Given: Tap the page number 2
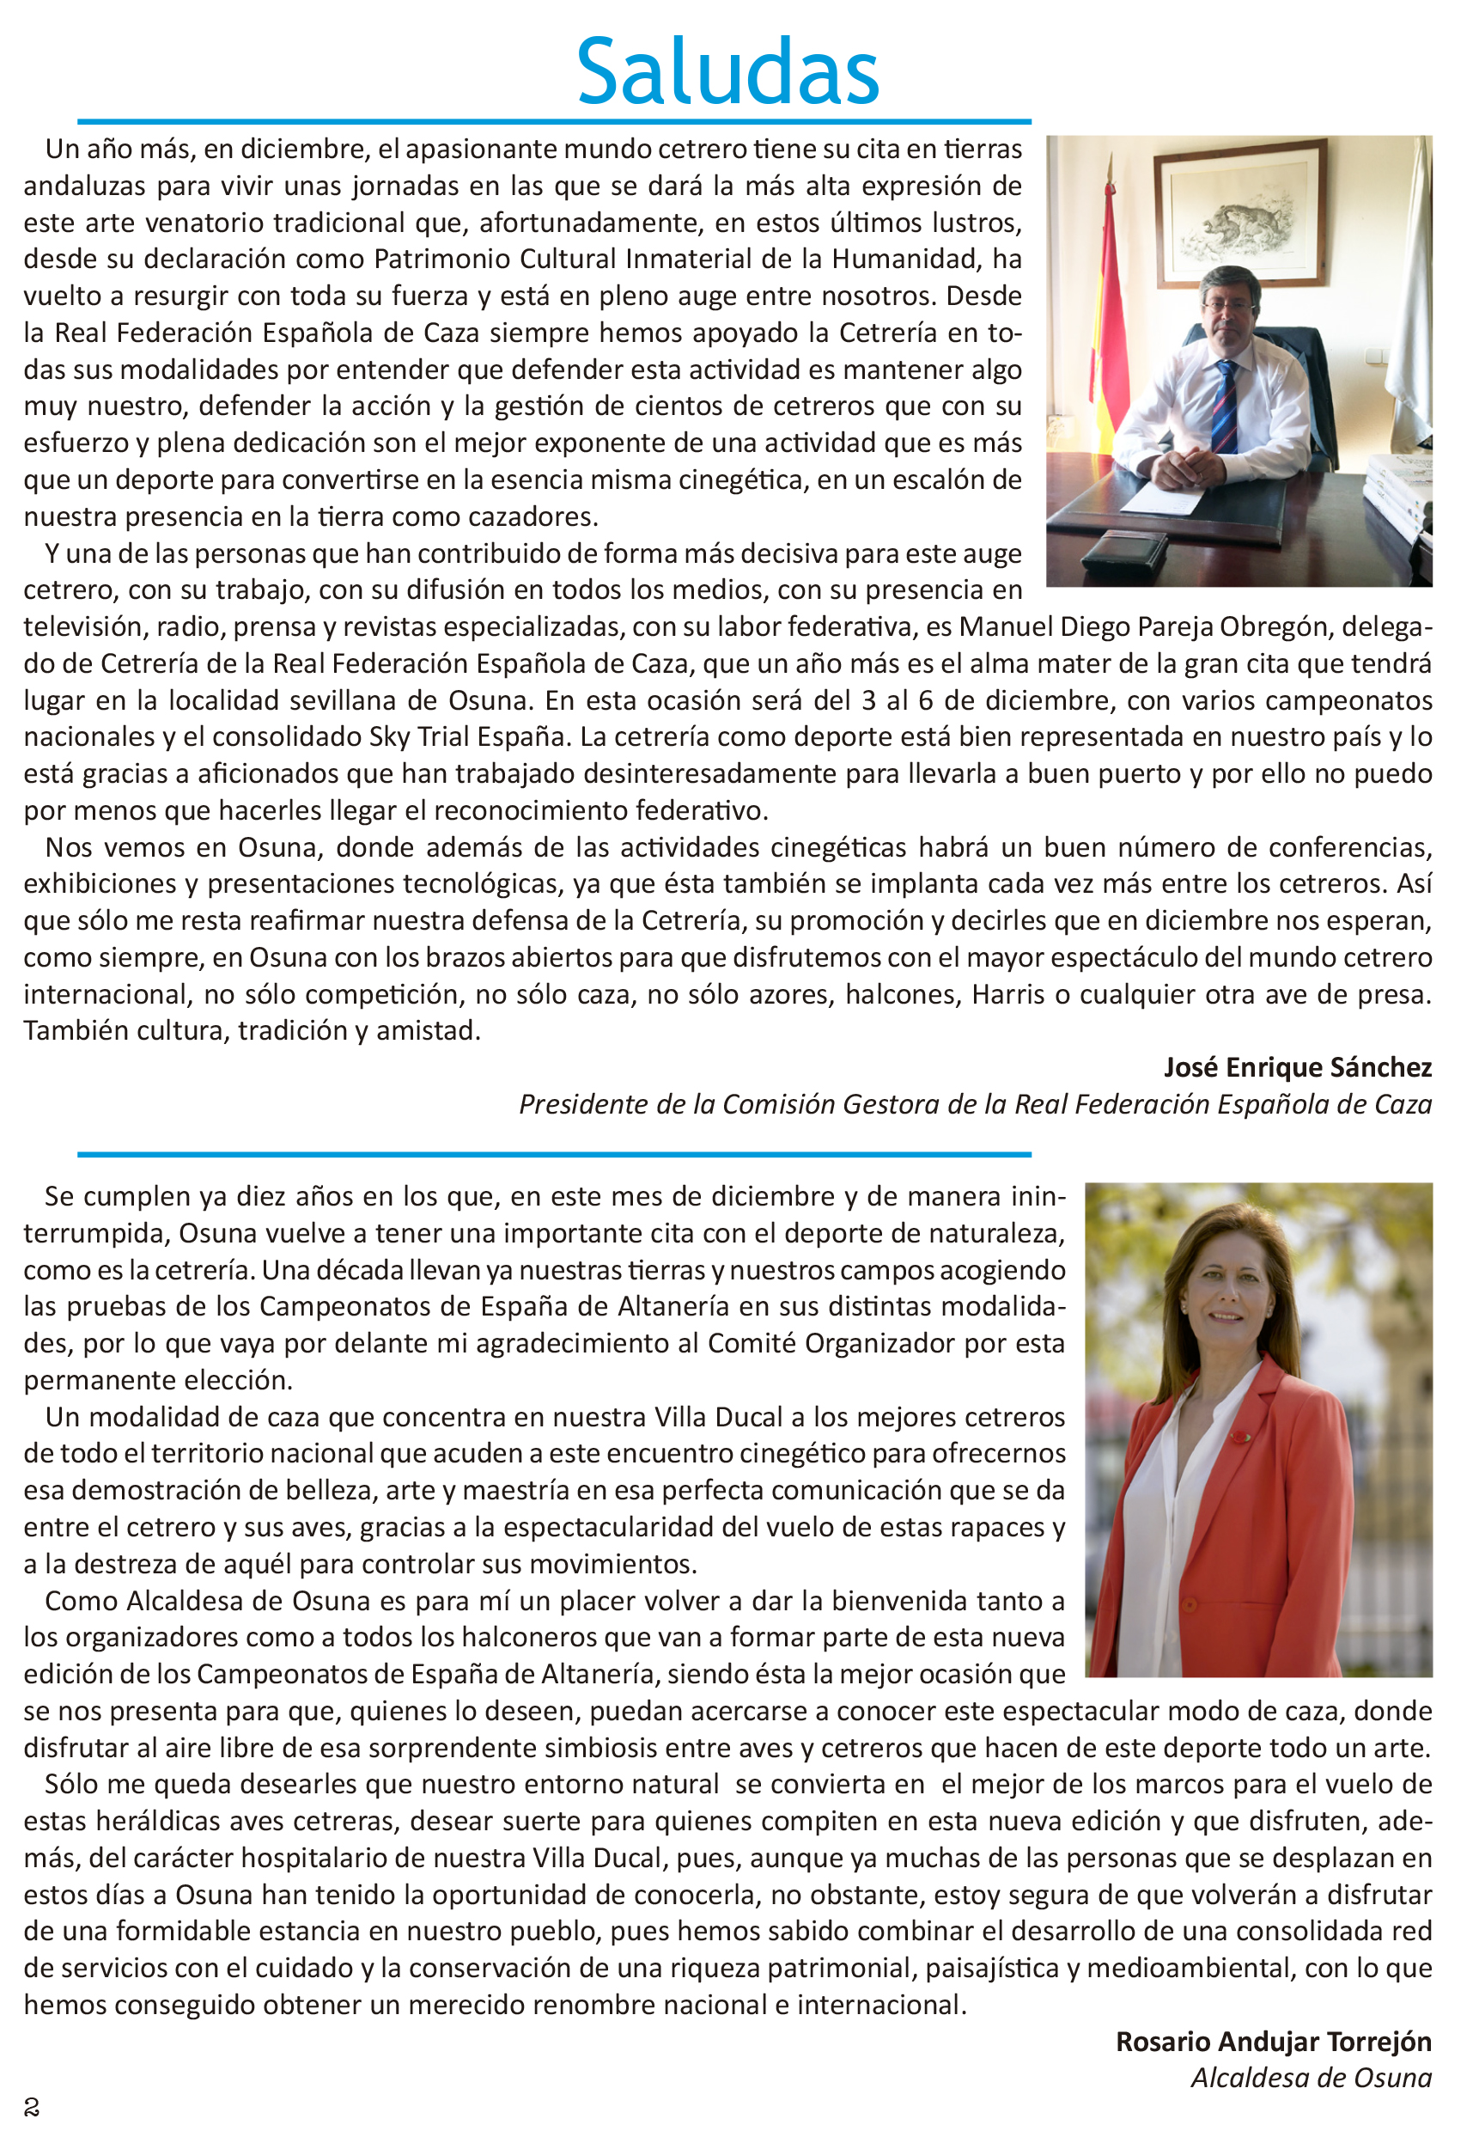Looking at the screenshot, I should tap(32, 2108).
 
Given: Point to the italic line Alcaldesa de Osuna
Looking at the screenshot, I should tap(1312, 2079).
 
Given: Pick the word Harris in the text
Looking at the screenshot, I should tap(1008, 994).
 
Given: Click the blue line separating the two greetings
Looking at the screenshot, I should tap(554, 1154).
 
